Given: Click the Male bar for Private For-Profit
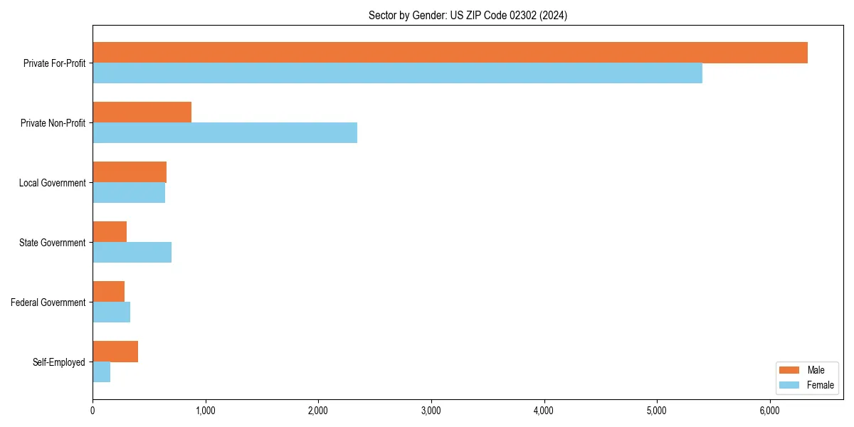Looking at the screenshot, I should (x=450, y=53).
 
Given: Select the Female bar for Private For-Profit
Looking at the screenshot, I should (x=397, y=73).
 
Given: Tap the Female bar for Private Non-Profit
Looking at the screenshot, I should (x=225, y=133).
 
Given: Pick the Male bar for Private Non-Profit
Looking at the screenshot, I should (x=142, y=112).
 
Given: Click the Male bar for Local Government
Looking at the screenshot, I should (x=130, y=172).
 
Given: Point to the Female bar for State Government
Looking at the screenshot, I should (x=132, y=253).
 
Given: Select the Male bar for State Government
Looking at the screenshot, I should (x=110, y=232).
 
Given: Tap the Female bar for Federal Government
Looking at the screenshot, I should (x=111, y=312).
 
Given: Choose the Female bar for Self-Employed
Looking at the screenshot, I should (x=101, y=372).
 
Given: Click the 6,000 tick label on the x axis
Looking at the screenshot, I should (x=770, y=411).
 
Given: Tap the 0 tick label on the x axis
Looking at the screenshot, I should (x=93, y=411).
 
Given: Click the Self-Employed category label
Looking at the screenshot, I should (x=58, y=362).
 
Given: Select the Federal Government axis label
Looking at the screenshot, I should (x=48, y=302).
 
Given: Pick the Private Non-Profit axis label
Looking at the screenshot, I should (x=53, y=123).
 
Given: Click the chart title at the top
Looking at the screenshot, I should (x=468, y=15).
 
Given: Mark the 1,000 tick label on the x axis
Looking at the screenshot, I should (x=206, y=411).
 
